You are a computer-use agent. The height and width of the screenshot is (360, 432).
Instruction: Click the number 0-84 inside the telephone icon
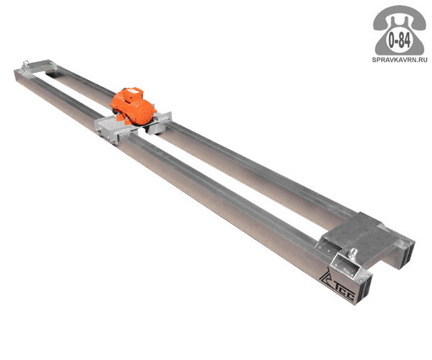coord(399,41)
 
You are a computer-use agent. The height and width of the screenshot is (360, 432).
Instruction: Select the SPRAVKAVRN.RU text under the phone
coord(400,60)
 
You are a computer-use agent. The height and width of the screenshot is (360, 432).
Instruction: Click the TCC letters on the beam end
coord(345,294)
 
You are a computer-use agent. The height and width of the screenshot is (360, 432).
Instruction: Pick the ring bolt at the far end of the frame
coord(26,63)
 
